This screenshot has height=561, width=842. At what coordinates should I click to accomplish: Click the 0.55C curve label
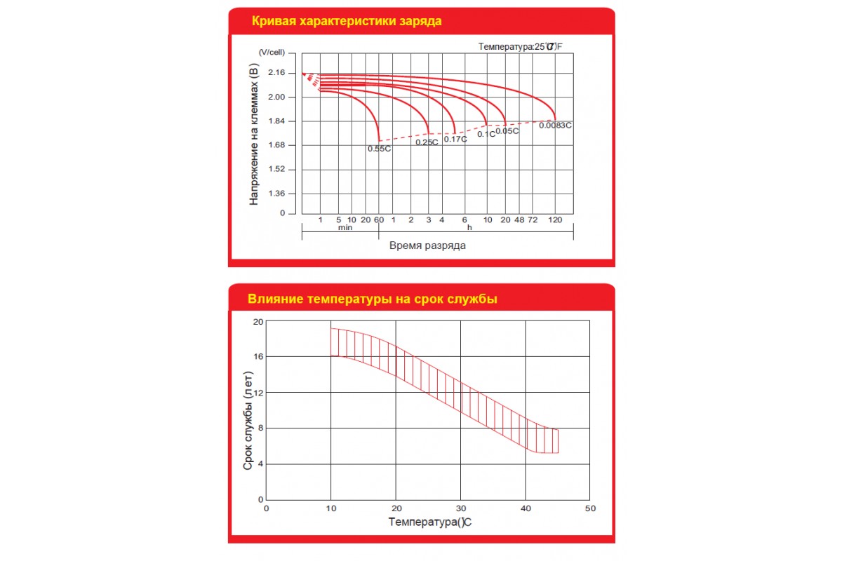(379, 149)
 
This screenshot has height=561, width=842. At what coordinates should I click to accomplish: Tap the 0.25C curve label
(427, 142)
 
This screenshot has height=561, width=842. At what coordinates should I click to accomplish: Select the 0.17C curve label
(455, 139)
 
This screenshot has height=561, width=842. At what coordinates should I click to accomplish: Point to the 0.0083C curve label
(555, 126)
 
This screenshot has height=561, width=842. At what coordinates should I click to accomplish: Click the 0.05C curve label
(507, 131)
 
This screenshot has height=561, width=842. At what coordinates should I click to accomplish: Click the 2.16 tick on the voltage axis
(276, 73)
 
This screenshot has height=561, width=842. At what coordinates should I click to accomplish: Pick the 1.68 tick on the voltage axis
(276, 145)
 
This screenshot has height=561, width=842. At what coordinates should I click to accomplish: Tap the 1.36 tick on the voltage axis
(276, 194)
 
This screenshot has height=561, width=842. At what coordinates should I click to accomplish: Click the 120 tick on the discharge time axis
(555, 220)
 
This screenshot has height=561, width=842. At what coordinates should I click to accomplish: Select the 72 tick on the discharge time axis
(533, 220)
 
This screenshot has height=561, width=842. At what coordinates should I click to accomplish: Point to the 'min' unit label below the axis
(345, 228)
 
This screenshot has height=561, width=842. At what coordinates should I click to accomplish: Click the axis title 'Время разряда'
(427, 246)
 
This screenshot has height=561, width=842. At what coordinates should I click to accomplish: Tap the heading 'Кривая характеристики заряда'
(347, 21)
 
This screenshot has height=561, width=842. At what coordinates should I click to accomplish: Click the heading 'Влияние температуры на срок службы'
(373, 299)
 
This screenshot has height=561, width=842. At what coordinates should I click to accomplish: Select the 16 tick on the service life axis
(257, 357)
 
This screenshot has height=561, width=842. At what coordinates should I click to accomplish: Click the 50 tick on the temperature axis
(590, 508)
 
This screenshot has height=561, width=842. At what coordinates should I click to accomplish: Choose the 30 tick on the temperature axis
(460, 508)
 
